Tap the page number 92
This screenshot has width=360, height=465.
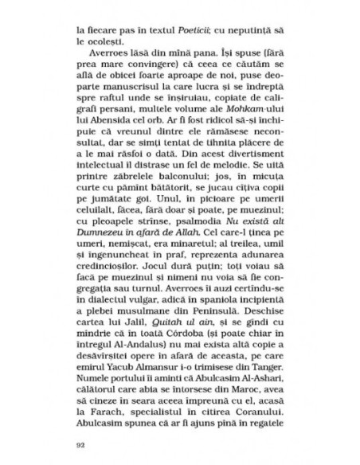(78, 443)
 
